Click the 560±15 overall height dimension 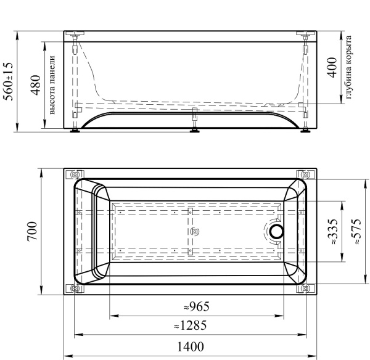click(x=9, y=81)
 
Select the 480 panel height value click(x=36, y=85)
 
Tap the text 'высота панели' click(x=52, y=85)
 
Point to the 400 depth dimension click(x=332, y=67)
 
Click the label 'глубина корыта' click(x=348, y=67)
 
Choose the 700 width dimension click(x=32, y=231)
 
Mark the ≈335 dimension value click(x=333, y=232)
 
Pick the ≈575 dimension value click(x=356, y=231)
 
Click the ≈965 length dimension click(x=197, y=307)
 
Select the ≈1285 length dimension click(x=190, y=325)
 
